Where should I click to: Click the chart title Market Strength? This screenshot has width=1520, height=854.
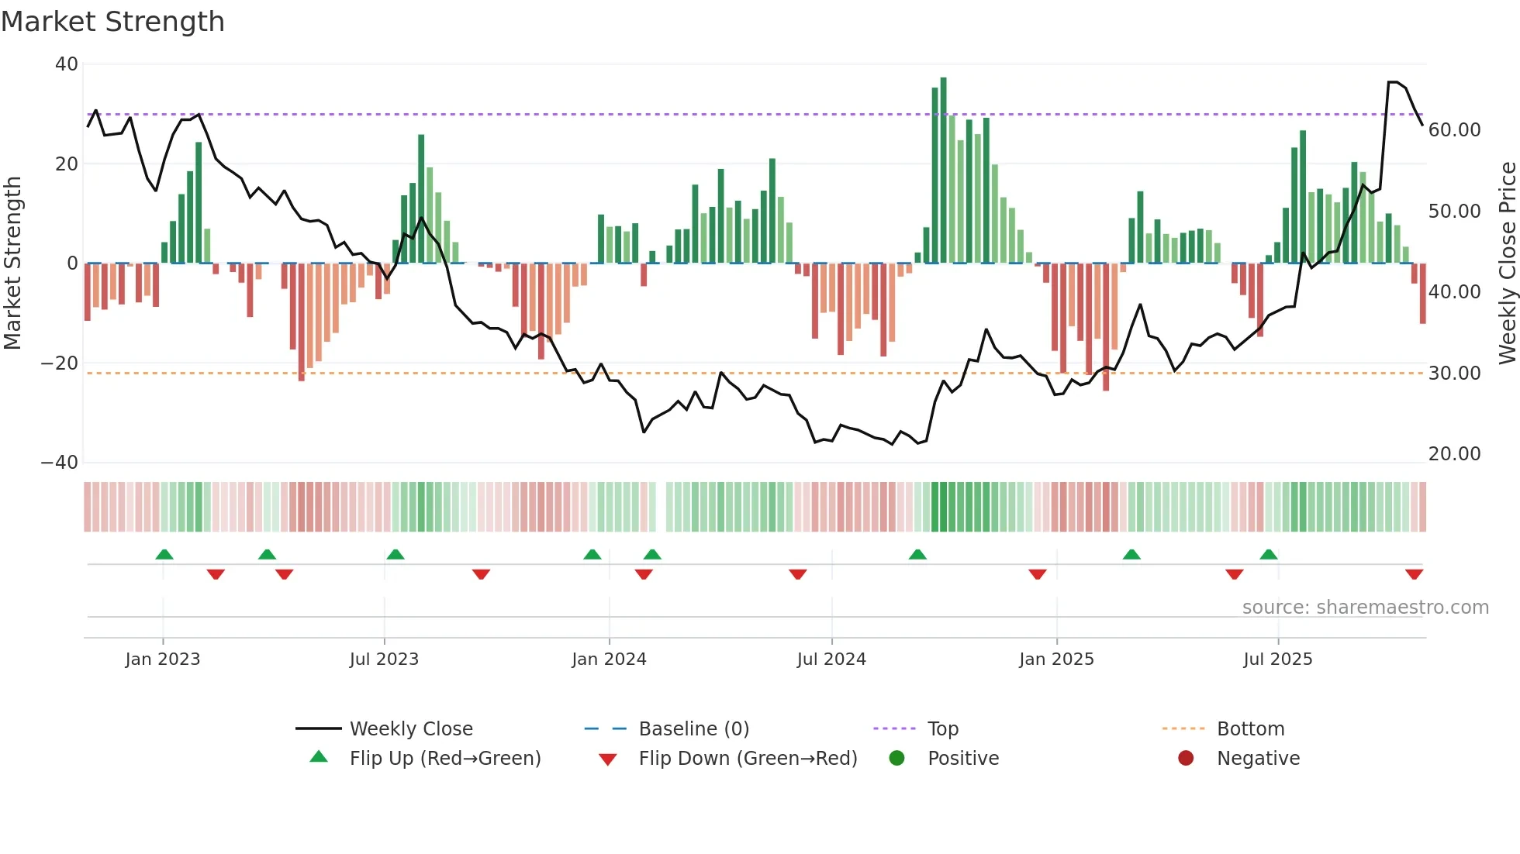(x=112, y=22)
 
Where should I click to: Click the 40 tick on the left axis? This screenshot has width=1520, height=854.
(x=67, y=64)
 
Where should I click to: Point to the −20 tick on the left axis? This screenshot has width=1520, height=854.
(x=60, y=363)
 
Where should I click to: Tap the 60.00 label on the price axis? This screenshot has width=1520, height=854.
(x=1454, y=130)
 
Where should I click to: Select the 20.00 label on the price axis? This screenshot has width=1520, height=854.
(x=1454, y=454)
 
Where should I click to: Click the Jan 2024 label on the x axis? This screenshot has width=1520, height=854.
(x=609, y=659)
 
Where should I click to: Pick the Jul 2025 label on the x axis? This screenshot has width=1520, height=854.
(x=1277, y=659)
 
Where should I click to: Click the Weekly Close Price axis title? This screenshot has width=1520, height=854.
(x=1507, y=263)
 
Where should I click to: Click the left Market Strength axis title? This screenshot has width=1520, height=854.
(x=12, y=263)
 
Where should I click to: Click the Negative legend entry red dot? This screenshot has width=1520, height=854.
(x=1186, y=758)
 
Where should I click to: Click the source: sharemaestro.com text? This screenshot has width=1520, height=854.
(x=1365, y=608)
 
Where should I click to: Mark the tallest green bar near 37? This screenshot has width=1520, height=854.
(x=943, y=170)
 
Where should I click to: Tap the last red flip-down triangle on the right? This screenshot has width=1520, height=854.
(x=1414, y=574)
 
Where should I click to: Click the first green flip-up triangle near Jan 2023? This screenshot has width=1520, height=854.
(x=164, y=554)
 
